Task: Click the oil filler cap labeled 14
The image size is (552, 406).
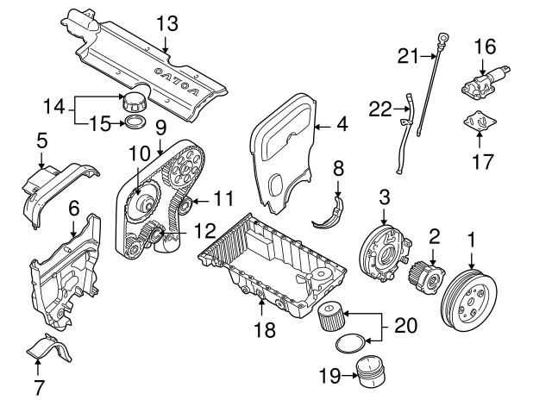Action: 134,101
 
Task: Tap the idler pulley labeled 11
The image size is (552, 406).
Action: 182,205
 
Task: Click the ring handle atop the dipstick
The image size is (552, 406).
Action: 444,38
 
